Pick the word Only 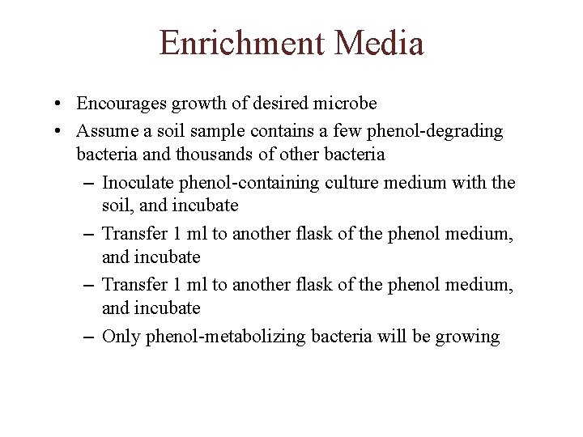(x=121, y=337)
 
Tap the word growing (x=469, y=337)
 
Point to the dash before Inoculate (x=88, y=183)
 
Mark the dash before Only (x=88, y=337)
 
